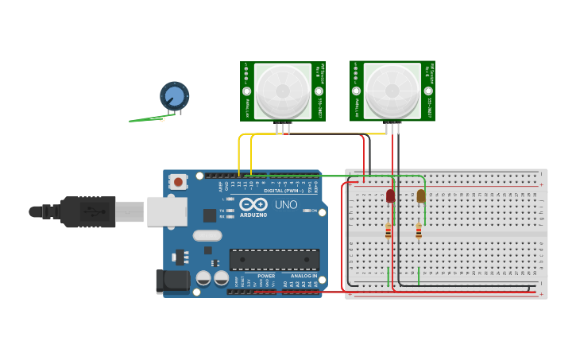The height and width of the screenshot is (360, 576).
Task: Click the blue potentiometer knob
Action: click(x=174, y=96)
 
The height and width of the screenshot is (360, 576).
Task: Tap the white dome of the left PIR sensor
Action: click(x=282, y=91)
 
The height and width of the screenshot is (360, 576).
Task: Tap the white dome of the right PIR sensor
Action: click(x=392, y=91)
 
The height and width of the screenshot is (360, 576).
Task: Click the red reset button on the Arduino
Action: click(x=178, y=182)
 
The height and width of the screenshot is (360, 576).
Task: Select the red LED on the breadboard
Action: click(x=390, y=195)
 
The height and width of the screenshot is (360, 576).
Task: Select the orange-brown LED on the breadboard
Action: click(x=420, y=195)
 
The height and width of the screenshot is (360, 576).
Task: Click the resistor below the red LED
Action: click(x=389, y=231)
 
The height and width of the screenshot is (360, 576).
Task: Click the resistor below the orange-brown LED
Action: click(x=419, y=231)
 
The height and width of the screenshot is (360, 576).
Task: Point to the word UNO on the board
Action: click(x=286, y=205)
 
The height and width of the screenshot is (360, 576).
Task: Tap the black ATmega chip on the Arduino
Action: click(x=274, y=260)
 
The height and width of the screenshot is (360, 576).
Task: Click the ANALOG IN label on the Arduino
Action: click(x=303, y=276)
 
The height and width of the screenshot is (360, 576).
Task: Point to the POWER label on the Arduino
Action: click(x=266, y=276)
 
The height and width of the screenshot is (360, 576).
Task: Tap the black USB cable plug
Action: click(x=87, y=211)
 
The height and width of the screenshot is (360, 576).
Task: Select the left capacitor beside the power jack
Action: click(x=203, y=278)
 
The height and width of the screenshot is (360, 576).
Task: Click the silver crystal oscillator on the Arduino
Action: click(x=207, y=235)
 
